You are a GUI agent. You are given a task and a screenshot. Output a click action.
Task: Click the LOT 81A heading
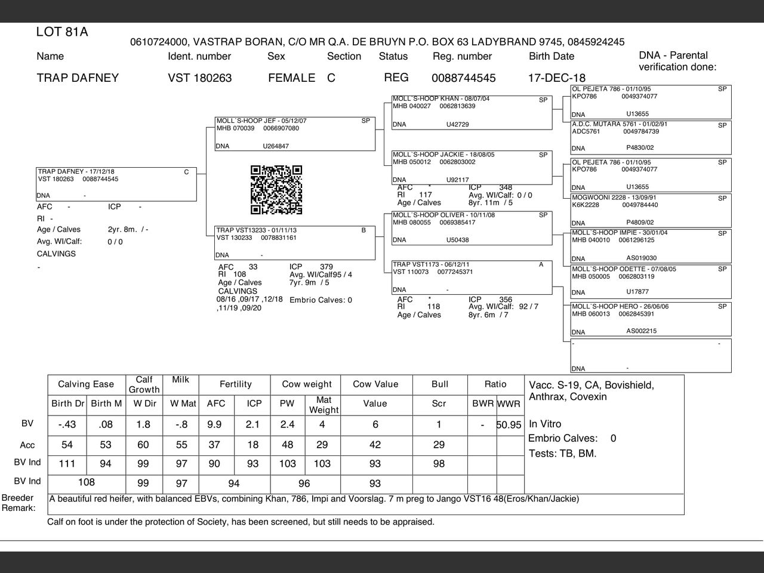point(62,32)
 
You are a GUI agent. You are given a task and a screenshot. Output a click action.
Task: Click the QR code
point(276,190)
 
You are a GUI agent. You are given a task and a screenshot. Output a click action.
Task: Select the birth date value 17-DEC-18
point(556,78)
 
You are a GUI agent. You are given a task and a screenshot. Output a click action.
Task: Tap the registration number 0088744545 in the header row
point(463,78)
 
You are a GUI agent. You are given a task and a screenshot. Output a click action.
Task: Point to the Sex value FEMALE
point(291,78)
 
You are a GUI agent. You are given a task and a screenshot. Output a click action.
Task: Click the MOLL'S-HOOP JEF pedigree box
point(295,133)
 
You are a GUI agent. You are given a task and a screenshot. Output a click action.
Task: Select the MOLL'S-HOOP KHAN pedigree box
point(472,112)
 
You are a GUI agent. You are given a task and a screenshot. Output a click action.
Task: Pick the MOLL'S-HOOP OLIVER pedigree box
point(472,228)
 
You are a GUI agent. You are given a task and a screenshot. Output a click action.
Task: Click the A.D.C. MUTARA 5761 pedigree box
point(651,137)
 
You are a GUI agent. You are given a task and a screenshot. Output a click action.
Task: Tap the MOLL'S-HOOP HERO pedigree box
point(651,319)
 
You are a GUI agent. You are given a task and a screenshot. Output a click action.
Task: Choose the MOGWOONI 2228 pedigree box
point(651,210)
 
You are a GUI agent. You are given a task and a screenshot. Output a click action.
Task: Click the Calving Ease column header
point(86,384)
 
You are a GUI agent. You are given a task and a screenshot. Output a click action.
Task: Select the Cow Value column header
point(375,384)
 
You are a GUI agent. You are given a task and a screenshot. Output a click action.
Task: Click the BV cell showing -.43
point(67,424)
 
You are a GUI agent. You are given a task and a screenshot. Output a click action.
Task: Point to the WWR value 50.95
point(509,425)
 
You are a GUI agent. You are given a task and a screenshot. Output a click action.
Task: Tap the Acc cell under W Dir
point(143,445)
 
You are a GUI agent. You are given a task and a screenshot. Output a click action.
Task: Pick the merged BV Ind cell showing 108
point(87,482)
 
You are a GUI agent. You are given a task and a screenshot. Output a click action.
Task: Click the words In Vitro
point(545,424)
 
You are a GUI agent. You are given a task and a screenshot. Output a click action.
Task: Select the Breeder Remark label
point(19,503)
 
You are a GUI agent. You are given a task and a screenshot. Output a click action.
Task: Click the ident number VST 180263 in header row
point(199,78)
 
